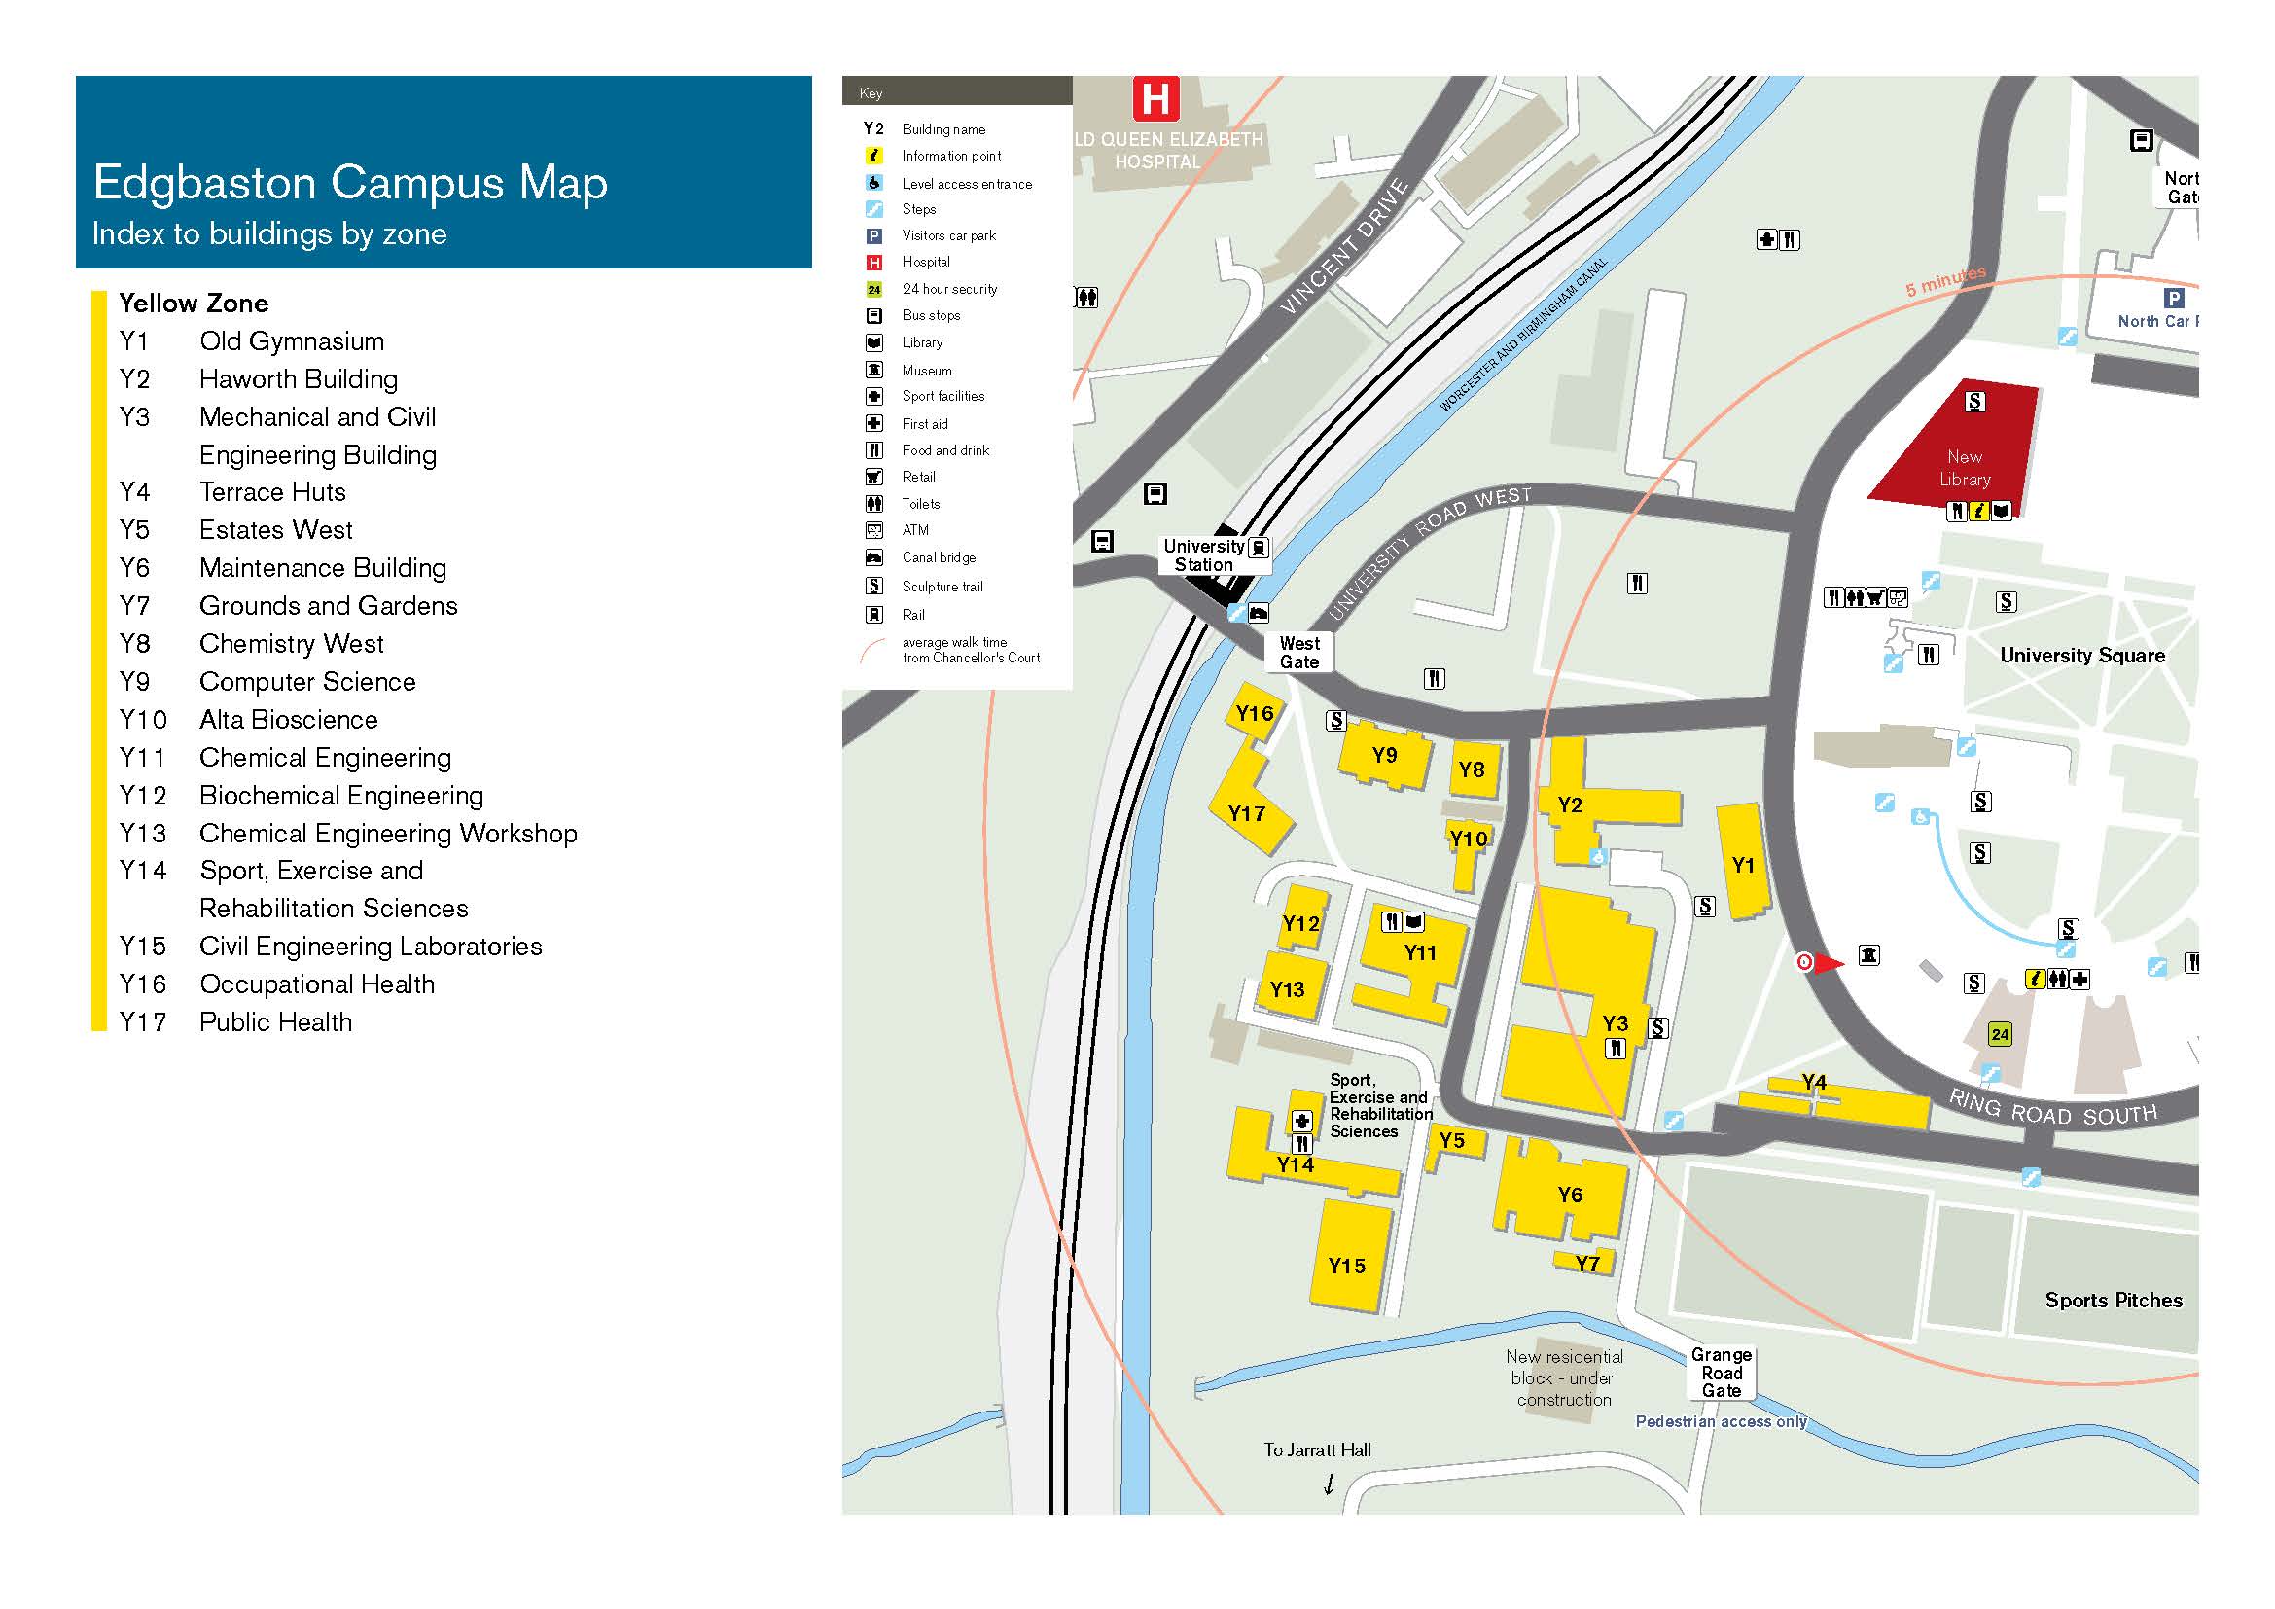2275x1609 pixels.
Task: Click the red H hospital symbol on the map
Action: [x=1155, y=99]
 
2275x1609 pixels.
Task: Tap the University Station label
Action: [x=1203, y=555]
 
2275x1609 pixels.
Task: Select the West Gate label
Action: [x=1299, y=653]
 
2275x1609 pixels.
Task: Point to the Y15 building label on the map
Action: [x=1346, y=1266]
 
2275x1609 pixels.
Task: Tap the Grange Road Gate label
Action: [x=1722, y=1373]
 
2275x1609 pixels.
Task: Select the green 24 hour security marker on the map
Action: [x=2000, y=1034]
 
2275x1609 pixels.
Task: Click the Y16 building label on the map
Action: [x=1255, y=713]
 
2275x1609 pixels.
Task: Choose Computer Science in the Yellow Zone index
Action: [x=307, y=682]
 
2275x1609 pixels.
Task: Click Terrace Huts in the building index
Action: [x=272, y=492]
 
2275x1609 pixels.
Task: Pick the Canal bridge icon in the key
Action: [x=874, y=557]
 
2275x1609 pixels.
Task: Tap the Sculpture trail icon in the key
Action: [x=874, y=586]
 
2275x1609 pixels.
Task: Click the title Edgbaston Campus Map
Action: [x=350, y=183]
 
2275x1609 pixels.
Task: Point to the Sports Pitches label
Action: [x=2113, y=1300]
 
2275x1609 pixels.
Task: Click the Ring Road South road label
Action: [x=2052, y=1109]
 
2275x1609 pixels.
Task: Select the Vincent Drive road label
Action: [x=1344, y=248]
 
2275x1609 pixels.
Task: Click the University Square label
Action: [x=2081, y=655]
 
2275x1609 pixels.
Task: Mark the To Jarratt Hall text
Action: [x=1317, y=1449]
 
